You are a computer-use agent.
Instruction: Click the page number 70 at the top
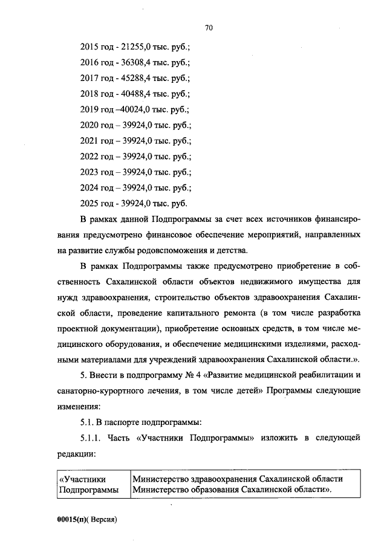[209, 28]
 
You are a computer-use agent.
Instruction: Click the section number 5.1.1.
[90, 436]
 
